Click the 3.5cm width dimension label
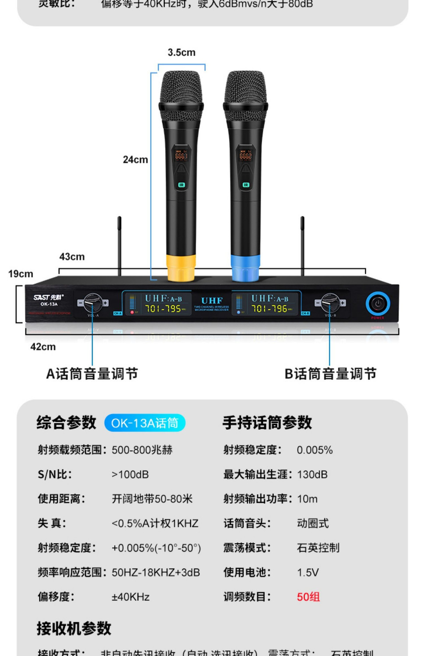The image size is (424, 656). click(x=181, y=53)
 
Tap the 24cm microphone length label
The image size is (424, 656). click(x=135, y=160)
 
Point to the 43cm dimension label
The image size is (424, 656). click(x=72, y=257)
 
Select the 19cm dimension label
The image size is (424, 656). click(x=21, y=274)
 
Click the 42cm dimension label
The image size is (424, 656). click(x=43, y=347)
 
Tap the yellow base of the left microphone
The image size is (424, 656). click(x=180, y=268)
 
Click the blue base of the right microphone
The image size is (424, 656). click(x=245, y=268)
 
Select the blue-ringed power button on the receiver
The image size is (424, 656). click(x=378, y=303)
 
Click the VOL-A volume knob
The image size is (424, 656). click(x=92, y=303)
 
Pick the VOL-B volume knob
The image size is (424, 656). click(x=330, y=303)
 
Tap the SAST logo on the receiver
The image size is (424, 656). click(x=49, y=297)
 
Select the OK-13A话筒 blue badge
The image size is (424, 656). click(x=145, y=423)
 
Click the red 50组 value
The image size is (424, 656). click(x=308, y=597)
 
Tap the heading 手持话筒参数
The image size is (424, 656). click(x=267, y=423)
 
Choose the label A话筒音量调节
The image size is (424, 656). click(x=92, y=374)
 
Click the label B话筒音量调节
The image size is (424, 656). click(x=330, y=374)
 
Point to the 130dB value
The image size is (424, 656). click(x=312, y=475)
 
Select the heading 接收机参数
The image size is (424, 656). click(x=74, y=628)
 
